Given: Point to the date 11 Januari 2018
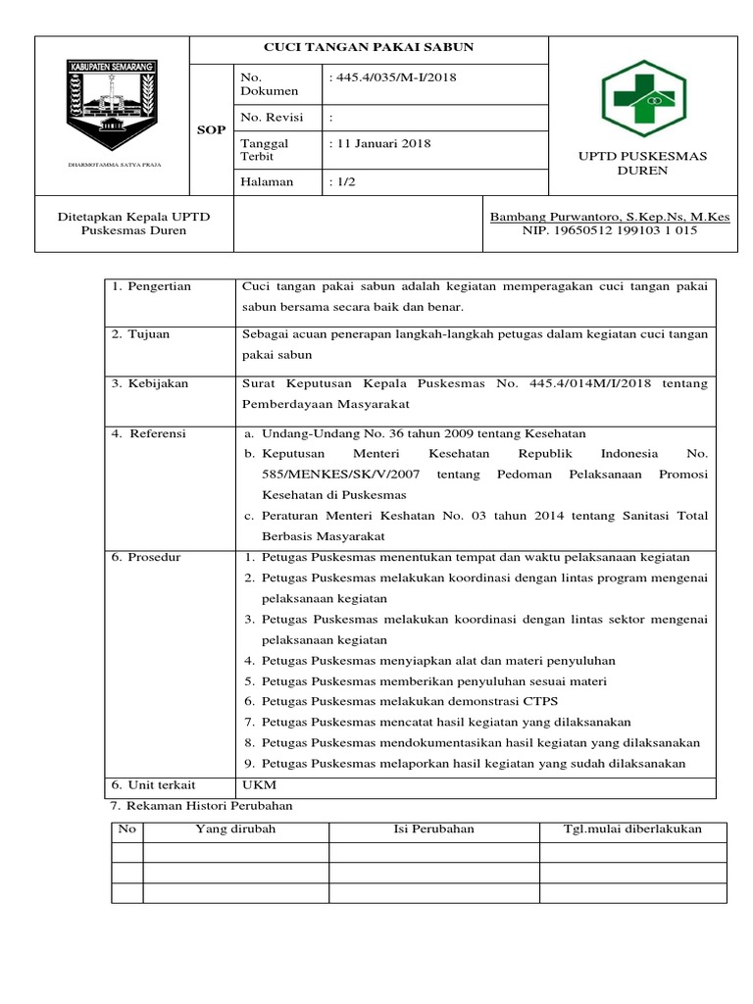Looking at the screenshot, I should coord(381,144).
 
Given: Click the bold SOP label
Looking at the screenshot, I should coord(211,130).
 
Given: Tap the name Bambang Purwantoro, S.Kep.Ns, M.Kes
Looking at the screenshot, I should coord(616,216).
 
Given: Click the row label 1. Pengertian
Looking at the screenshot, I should coord(151,286).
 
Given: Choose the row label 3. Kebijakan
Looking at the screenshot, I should coord(149,382).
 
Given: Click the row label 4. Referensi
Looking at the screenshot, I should coord(149,432).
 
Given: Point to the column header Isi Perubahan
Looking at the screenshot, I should coord(433,828).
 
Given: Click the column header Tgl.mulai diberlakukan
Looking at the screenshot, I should coord(632,828).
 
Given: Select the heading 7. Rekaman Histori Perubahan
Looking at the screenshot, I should coord(200,805).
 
